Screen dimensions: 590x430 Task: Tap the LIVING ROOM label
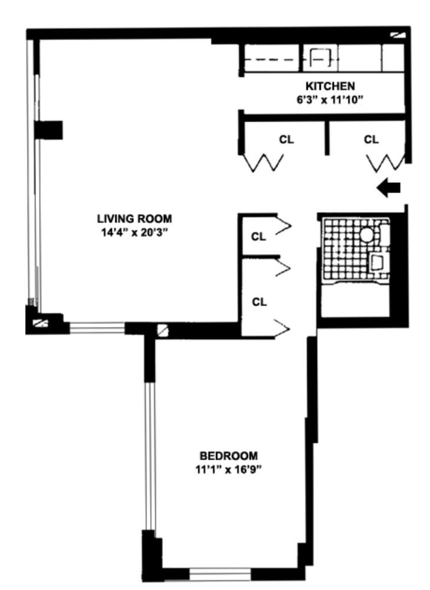(x=134, y=219)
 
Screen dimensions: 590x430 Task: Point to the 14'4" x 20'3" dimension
(x=134, y=232)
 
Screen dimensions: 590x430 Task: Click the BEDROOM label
(x=228, y=456)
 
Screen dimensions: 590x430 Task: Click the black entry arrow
(x=389, y=188)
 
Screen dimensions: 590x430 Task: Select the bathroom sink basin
(x=377, y=261)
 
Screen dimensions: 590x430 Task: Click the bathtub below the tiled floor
(x=354, y=300)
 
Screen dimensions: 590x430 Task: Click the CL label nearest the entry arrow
(x=371, y=140)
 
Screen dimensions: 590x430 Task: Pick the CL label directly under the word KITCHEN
(x=286, y=140)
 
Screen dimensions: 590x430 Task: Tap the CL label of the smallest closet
(x=258, y=237)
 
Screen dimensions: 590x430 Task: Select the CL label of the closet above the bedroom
(x=259, y=302)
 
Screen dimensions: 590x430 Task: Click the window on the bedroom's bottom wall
(x=220, y=573)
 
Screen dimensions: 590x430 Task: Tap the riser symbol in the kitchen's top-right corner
(x=400, y=35)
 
